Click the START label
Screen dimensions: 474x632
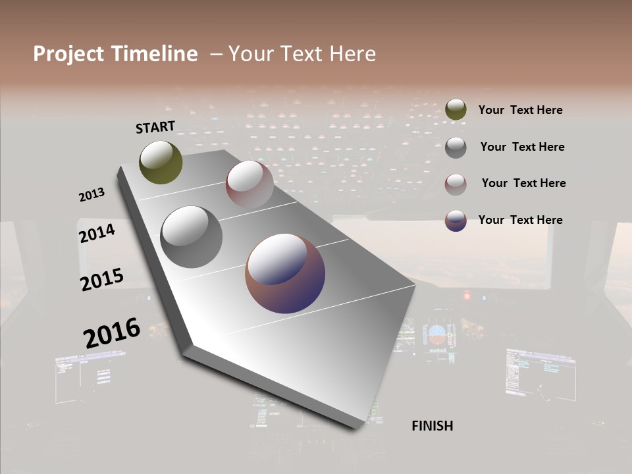(x=155, y=127)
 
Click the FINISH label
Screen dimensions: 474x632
(x=432, y=426)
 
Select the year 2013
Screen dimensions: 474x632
(x=92, y=195)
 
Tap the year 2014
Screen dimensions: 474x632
(x=97, y=233)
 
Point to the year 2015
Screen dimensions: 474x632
(x=102, y=279)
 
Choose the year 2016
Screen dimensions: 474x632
(x=112, y=332)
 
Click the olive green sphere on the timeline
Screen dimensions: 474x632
(x=161, y=162)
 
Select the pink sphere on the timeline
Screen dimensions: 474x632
(x=250, y=184)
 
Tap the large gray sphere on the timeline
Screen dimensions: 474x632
(x=191, y=237)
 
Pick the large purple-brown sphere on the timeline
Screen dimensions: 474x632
(x=285, y=273)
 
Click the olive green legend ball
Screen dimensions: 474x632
(x=456, y=110)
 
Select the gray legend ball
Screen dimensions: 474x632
(x=456, y=147)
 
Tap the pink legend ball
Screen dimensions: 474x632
(x=456, y=184)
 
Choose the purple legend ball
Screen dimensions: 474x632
(x=456, y=221)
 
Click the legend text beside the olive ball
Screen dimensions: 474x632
(x=520, y=110)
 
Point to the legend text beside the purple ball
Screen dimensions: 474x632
(x=520, y=220)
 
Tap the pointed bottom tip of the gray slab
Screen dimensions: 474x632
(x=355, y=426)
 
